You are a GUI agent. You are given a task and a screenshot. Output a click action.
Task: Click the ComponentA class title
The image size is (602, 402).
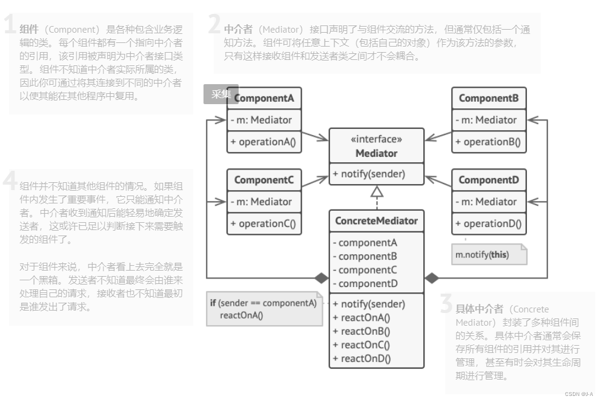[264, 98]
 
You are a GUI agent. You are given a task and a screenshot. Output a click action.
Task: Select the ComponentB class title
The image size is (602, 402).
[489, 98]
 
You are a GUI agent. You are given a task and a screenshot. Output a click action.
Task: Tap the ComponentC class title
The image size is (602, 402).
[264, 180]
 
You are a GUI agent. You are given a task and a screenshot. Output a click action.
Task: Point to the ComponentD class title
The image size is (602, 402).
[489, 180]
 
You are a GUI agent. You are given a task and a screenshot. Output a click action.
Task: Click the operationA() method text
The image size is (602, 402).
[264, 142]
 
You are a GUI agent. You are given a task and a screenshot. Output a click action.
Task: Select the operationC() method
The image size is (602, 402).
[264, 224]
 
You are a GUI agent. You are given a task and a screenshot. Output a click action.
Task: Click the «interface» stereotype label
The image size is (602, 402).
[376, 139]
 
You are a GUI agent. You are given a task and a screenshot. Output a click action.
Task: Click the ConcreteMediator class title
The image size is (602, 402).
[376, 221]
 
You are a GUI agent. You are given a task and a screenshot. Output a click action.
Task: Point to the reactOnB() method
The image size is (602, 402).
[362, 331]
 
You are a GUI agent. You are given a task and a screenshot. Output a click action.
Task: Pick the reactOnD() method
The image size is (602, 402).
[362, 358]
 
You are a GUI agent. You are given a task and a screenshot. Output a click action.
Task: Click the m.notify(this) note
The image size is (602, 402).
[483, 255]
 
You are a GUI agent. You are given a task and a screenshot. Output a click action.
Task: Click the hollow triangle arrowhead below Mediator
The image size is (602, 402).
[377, 193]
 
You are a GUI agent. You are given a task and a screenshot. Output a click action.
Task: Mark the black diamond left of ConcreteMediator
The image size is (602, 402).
[321, 278]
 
